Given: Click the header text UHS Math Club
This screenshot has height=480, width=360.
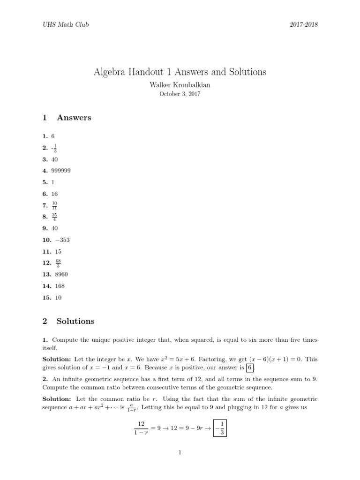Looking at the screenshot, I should [62, 24].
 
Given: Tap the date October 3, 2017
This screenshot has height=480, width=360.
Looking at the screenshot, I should [180, 94].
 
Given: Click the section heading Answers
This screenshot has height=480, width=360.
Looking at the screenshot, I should [74, 118].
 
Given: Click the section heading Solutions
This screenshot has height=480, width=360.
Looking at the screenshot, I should [75, 321].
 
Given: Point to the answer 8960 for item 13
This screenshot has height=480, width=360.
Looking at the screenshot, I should [60, 274].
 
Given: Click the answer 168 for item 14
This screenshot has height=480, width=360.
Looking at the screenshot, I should [59, 286].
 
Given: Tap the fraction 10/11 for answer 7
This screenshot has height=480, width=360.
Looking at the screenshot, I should [55, 205].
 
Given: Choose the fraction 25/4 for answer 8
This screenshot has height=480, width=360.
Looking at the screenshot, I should [55, 217].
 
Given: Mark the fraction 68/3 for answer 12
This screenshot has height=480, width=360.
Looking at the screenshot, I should [58, 263].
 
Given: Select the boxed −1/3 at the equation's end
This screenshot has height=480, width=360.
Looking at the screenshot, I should [220, 427].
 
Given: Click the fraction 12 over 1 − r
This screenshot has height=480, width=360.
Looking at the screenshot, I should [141, 427].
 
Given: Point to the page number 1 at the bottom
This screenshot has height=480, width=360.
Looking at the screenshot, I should [180, 453].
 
